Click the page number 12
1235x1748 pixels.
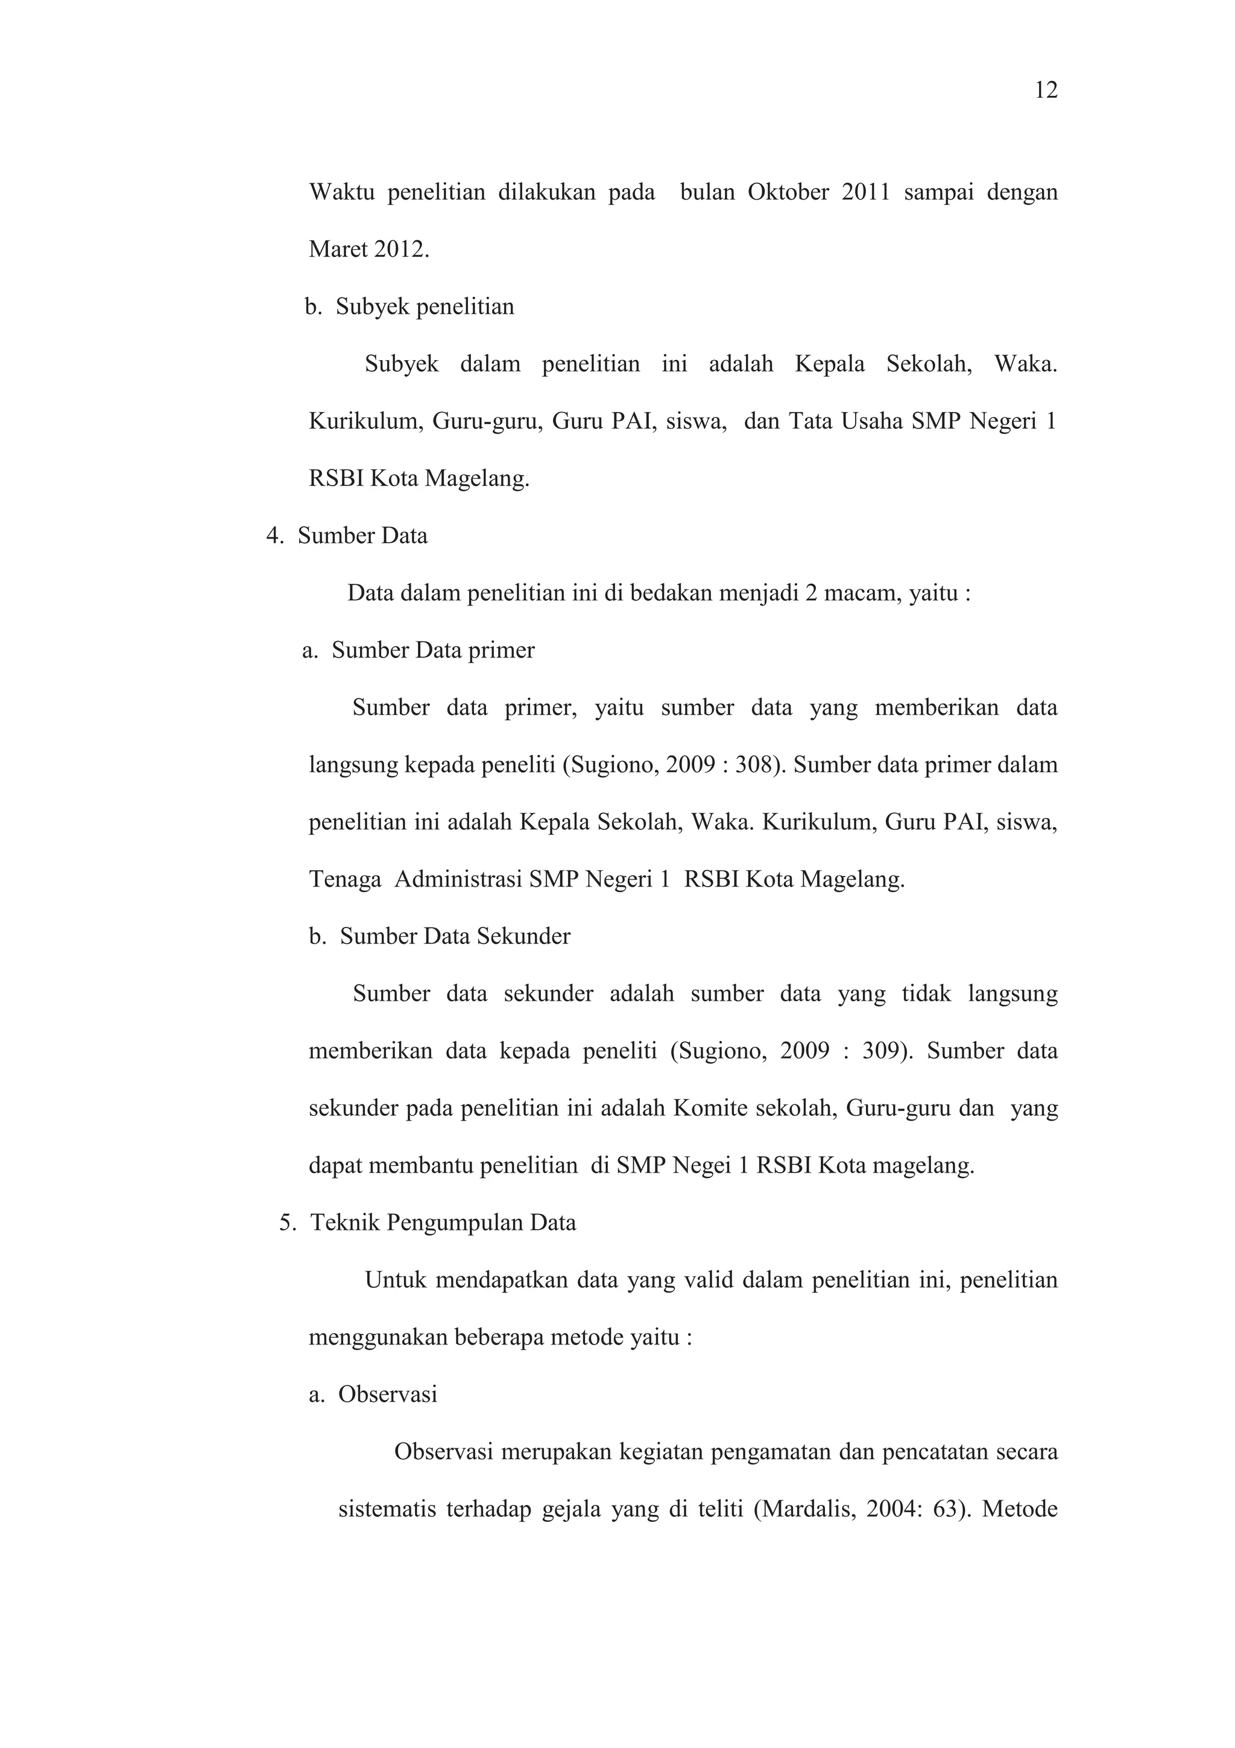coord(1046,90)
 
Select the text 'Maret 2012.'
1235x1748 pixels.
coord(369,250)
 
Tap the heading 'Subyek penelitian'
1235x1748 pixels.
coord(425,307)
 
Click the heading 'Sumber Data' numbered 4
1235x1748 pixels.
coord(362,536)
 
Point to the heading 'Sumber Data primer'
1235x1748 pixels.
coord(433,650)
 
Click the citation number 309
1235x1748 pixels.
coord(882,1051)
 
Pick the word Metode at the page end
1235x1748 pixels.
coord(1020,1509)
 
